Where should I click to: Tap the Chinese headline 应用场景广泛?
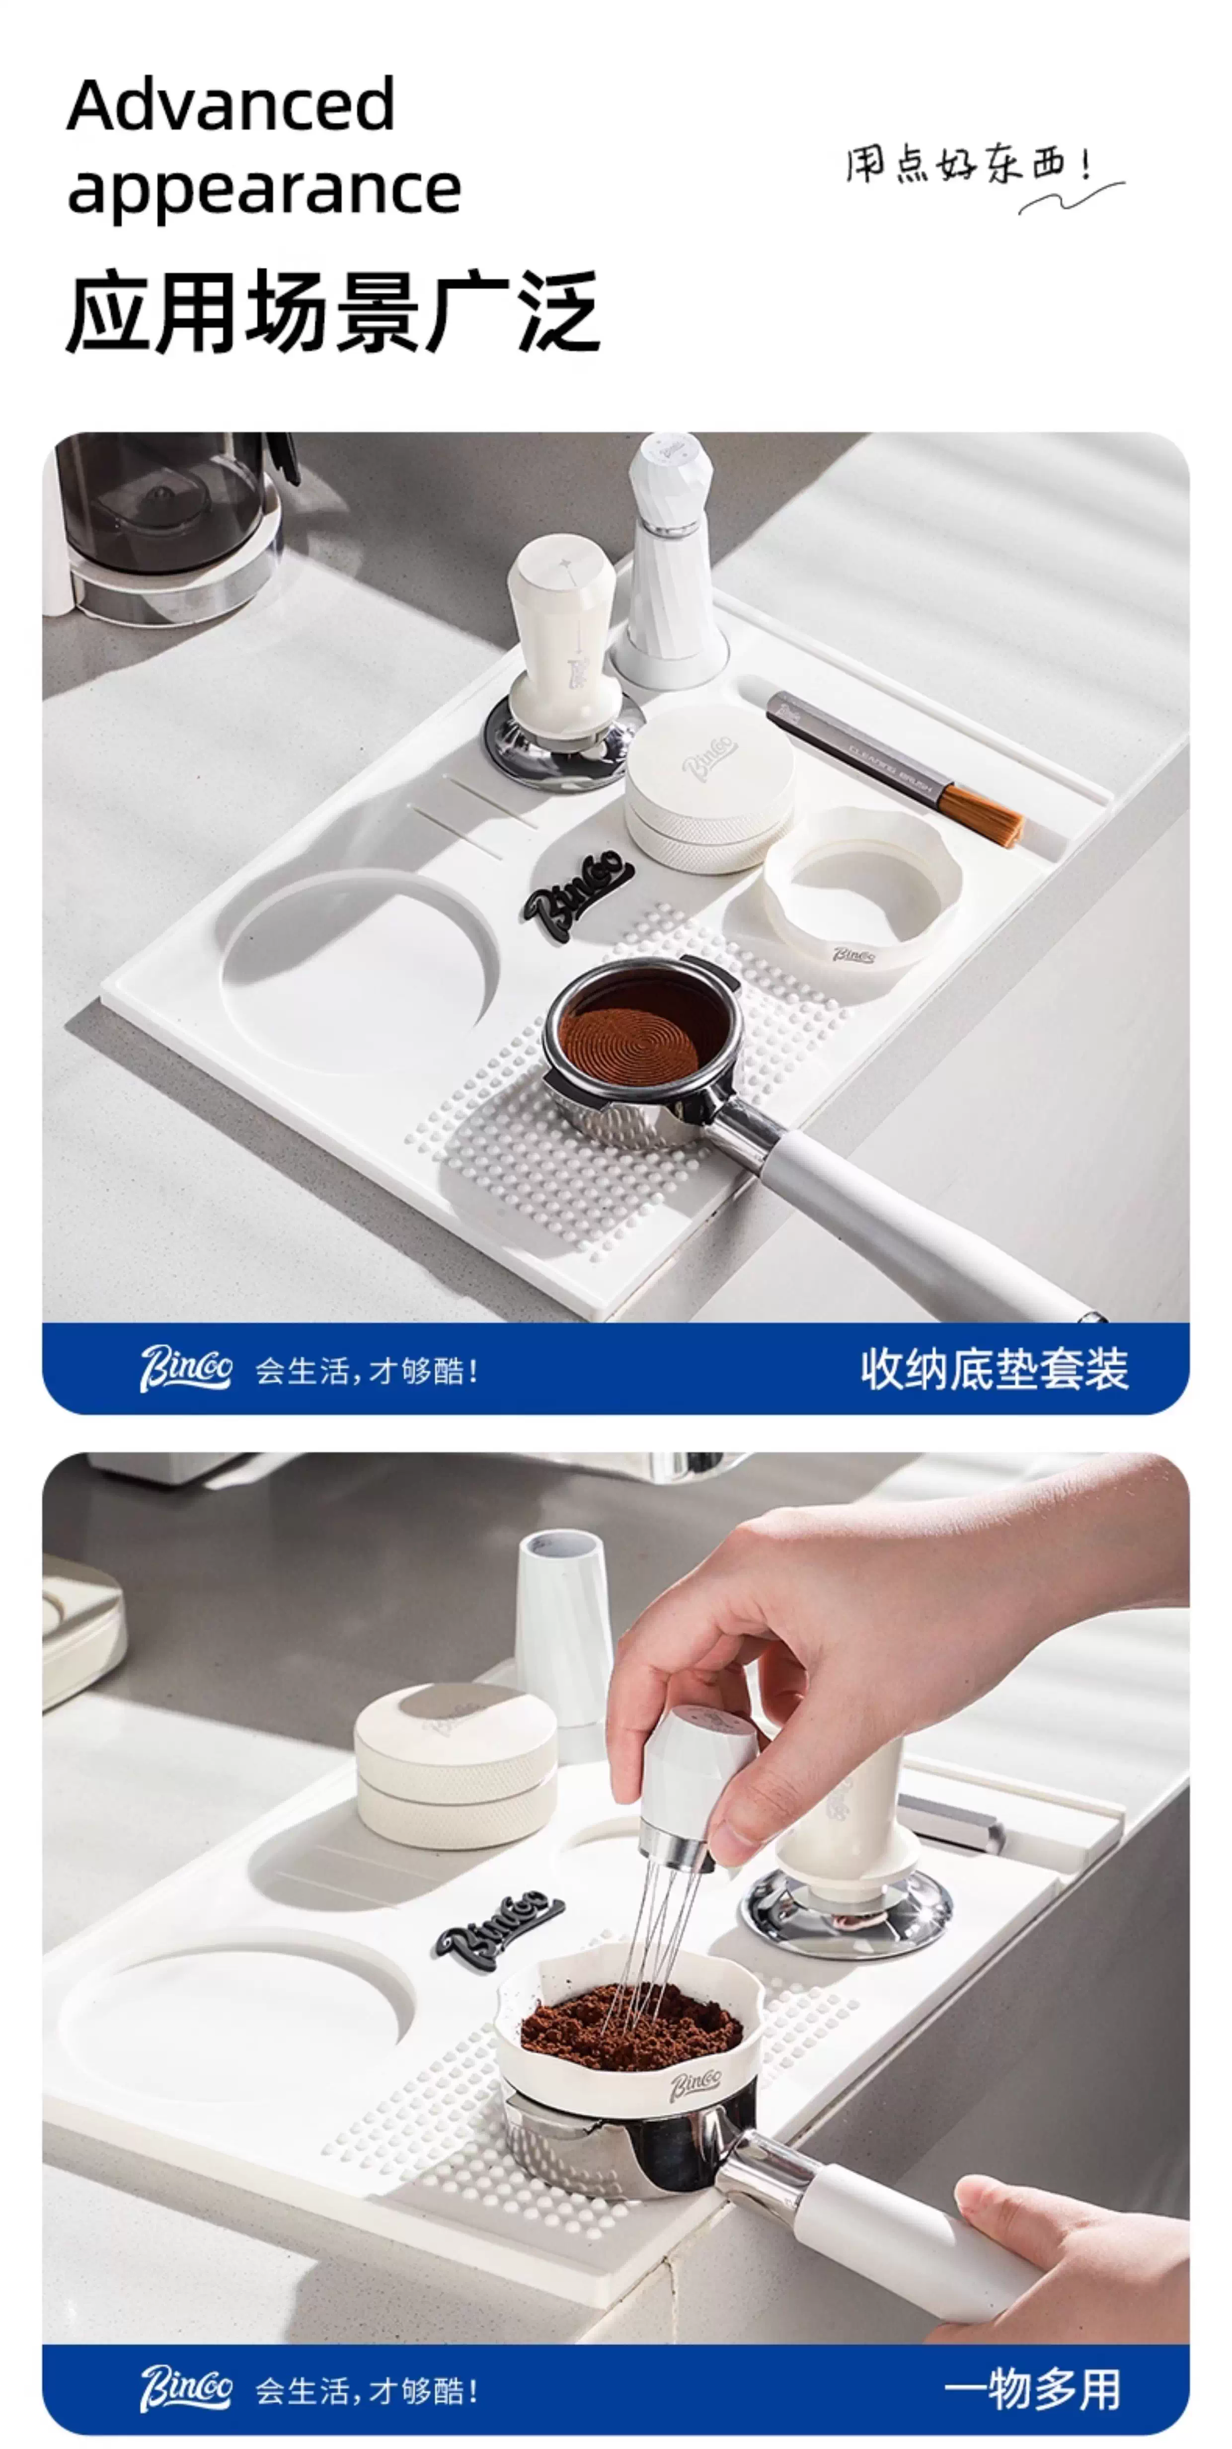click(x=333, y=311)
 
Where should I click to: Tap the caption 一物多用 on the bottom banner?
click(x=1032, y=2389)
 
